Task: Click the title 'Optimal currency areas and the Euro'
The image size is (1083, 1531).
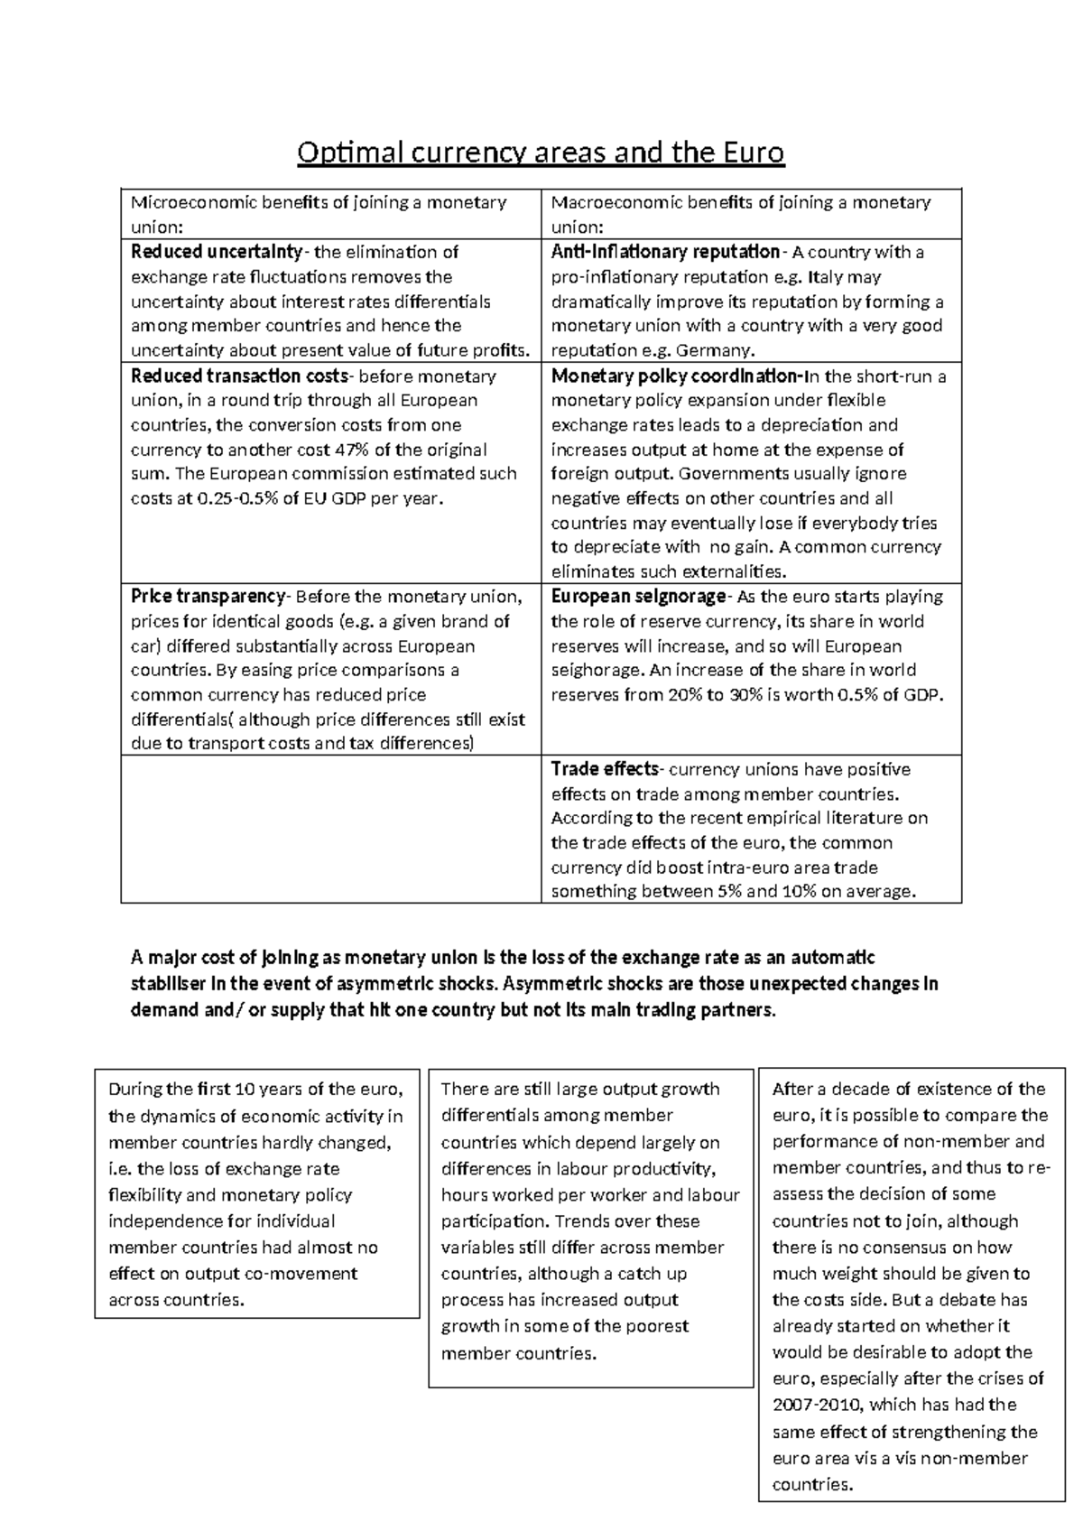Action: (541, 153)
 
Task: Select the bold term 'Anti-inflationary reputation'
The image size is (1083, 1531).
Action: (664, 252)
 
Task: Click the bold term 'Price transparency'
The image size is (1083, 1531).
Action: (208, 597)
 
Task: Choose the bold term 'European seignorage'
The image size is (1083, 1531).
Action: (638, 597)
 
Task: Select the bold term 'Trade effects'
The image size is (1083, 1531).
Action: (605, 769)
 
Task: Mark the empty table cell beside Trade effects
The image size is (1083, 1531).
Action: (330, 829)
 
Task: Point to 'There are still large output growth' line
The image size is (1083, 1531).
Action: (579, 1090)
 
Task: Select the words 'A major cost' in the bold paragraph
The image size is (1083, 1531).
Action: (181, 958)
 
